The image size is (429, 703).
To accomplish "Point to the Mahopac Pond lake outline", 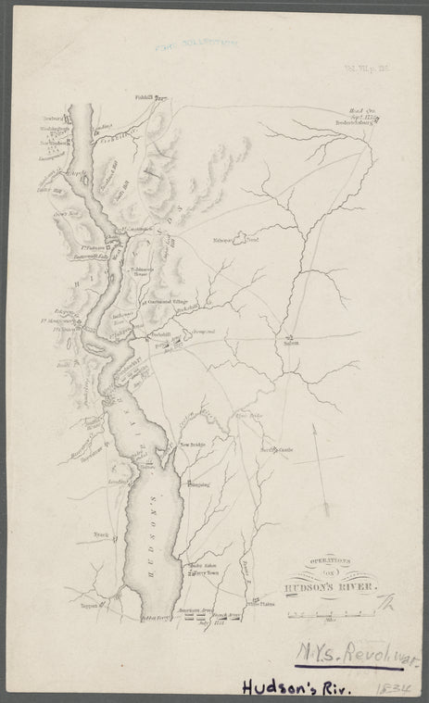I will coord(243,239).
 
